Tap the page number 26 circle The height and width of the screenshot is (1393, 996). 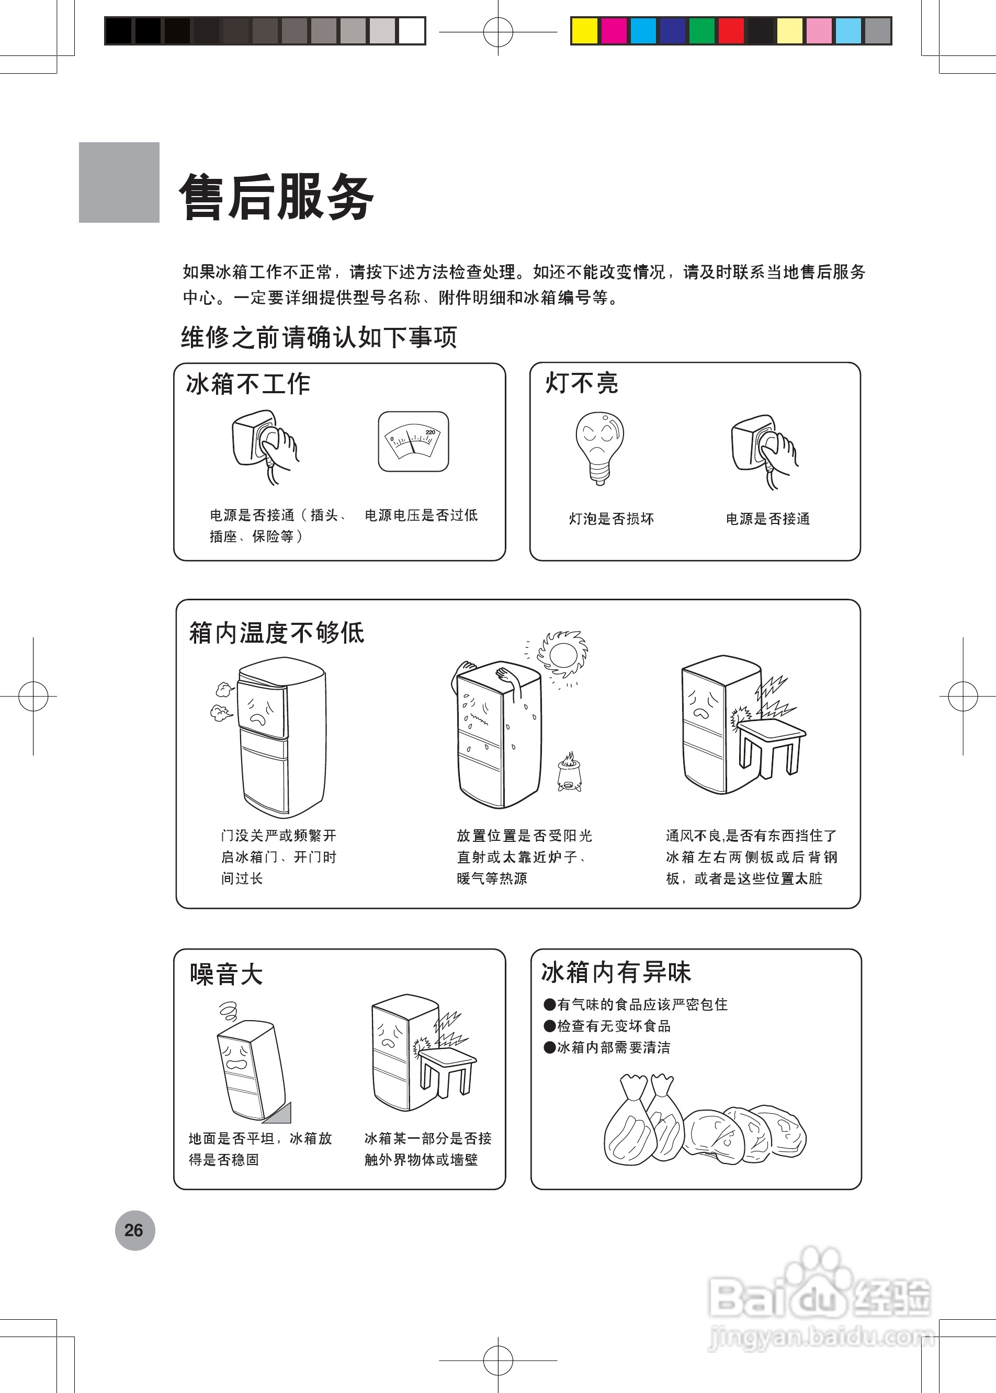tap(135, 1230)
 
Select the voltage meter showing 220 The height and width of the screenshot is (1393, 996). tap(413, 441)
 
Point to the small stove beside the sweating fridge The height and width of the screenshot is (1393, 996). tap(569, 774)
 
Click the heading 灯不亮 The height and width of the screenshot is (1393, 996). tap(581, 383)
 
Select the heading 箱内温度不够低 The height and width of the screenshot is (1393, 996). tap(276, 633)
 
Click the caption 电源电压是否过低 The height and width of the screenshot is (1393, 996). tap(421, 515)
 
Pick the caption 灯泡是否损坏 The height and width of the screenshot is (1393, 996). tap(611, 519)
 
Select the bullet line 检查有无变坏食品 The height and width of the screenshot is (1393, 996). tap(613, 1026)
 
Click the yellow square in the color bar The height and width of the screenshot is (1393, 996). tap(584, 31)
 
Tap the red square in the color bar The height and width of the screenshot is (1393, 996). tap(731, 31)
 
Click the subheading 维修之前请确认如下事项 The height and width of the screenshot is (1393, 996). tap(319, 338)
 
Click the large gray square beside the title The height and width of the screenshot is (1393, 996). tap(119, 182)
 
